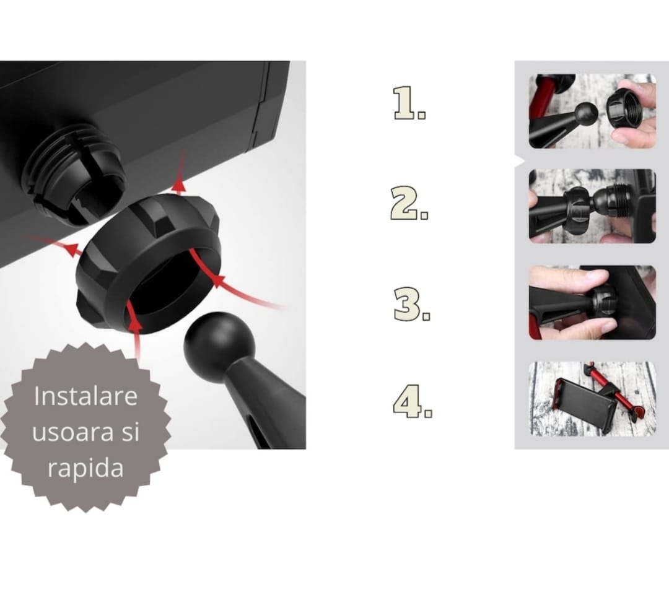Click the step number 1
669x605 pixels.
(x=409, y=103)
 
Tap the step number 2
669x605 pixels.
(x=409, y=203)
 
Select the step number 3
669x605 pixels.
(x=411, y=304)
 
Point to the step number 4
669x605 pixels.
(x=412, y=401)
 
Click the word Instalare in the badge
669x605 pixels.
(x=85, y=396)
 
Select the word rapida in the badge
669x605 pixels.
(x=85, y=468)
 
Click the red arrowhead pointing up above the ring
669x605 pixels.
(x=178, y=186)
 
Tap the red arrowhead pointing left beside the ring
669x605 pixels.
(x=72, y=249)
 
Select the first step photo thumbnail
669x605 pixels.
(x=592, y=111)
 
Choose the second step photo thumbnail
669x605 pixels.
(x=592, y=206)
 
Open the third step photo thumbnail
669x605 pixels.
(x=592, y=302)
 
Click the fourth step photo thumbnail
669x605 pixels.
(x=592, y=399)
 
